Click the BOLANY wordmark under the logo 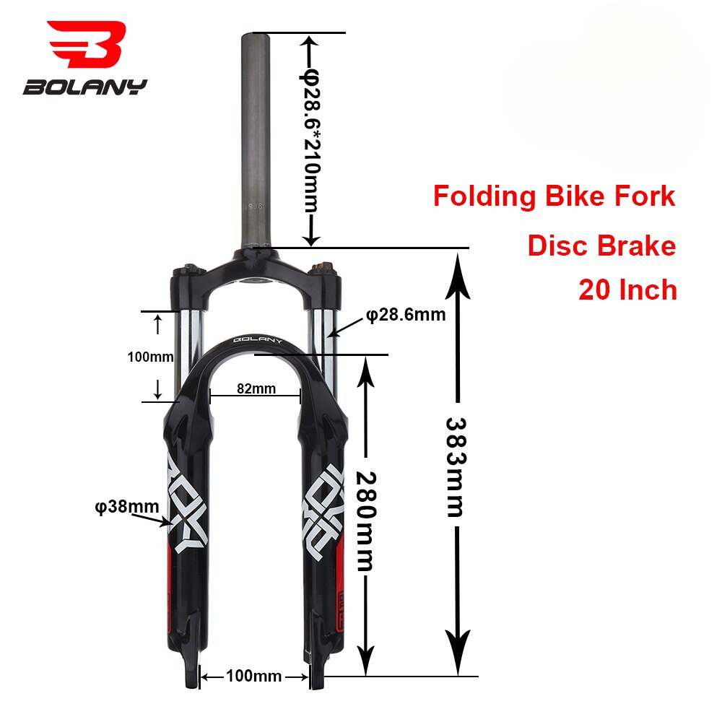(x=85, y=87)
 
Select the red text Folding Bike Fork (x=554, y=196)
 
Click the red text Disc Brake (x=601, y=246)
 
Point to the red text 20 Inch (x=627, y=290)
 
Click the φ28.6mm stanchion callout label (x=405, y=315)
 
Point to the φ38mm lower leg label (x=126, y=506)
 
